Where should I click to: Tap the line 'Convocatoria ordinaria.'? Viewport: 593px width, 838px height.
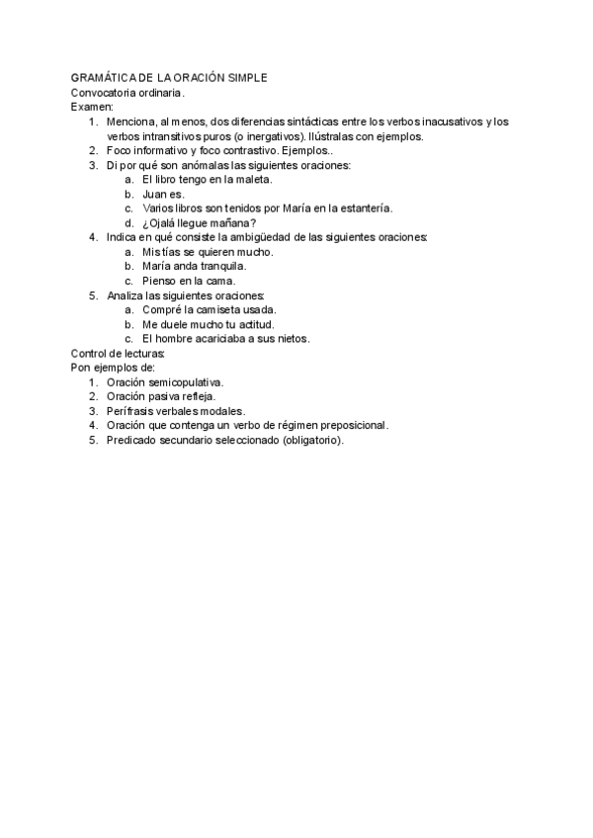tap(127, 92)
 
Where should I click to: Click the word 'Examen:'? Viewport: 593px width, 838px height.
tap(92, 106)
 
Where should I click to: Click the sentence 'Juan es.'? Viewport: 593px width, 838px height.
tap(164, 194)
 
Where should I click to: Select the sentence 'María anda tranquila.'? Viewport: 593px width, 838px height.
tap(195, 266)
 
